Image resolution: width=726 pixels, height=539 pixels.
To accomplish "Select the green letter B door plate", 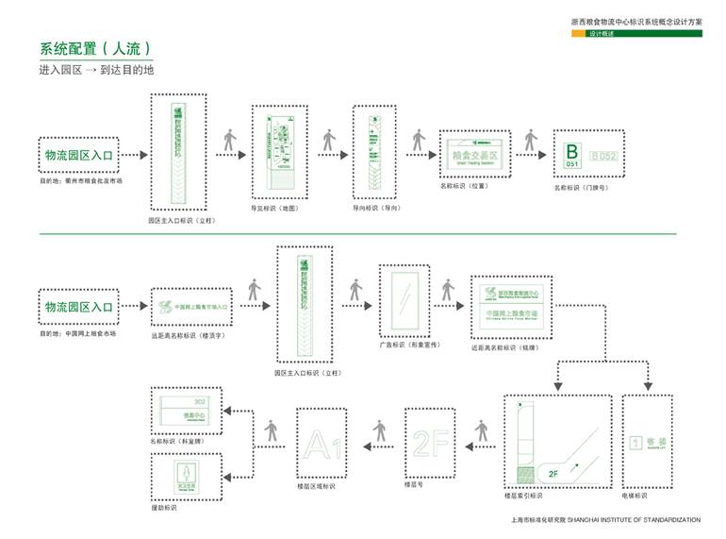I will [571, 154].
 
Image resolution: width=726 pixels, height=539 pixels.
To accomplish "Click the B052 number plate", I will [603, 155].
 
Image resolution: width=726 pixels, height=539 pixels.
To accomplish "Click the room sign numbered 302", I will [187, 409].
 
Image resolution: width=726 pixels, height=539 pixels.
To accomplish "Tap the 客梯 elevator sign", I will [648, 442].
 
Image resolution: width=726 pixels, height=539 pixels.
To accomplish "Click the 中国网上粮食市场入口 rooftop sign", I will [191, 308].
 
